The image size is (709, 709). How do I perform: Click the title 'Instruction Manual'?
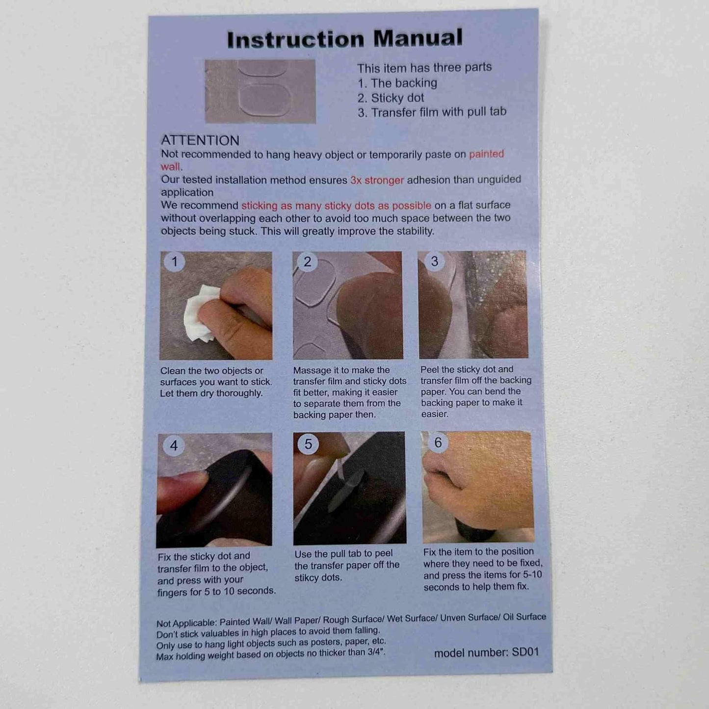pos(344,39)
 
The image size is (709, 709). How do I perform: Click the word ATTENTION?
pos(200,140)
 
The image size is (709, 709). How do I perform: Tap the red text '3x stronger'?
pos(377,180)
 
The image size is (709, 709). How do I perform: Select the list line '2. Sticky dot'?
pos(391,98)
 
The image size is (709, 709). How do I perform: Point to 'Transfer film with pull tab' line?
pos(432,112)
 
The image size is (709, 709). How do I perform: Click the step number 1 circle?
pos(174,262)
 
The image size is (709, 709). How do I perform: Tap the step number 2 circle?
pos(307,262)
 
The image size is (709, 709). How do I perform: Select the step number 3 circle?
pos(434,261)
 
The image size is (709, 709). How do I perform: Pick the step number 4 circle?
pos(174,446)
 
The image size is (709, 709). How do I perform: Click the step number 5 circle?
pos(308,444)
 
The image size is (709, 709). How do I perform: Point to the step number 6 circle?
pos(438,443)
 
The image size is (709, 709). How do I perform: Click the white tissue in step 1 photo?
pos(201,313)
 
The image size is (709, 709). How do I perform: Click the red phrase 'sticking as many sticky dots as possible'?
pos(336,206)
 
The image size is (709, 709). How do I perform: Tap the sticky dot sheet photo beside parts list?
pos(260,91)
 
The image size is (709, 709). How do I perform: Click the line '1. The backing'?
pos(397,83)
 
